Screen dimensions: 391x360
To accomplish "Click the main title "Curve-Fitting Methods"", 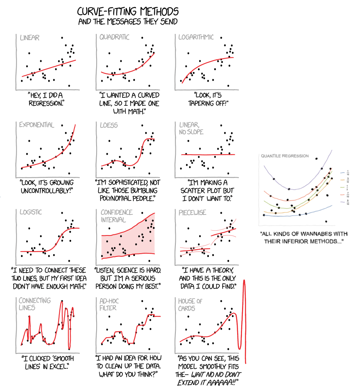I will pyautogui.click(x=128, y=11).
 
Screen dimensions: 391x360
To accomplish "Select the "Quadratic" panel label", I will pyautogui.click(x=114, y=37).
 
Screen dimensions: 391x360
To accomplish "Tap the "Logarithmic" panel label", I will pyautogui.click(x=196, y=37).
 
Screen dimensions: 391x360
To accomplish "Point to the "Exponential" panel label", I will pyautogui.click(x=36, y=125).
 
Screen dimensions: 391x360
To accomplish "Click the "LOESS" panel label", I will pyautogui.click(x=109, y=125).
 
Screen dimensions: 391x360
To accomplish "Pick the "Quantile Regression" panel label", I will pyautogui.click(x=285, y=156).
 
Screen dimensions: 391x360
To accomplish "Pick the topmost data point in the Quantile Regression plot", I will pyautogui.click(x=316, y=158).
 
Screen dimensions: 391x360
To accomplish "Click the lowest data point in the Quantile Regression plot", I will pyautogui.click(x=326, y=221).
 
